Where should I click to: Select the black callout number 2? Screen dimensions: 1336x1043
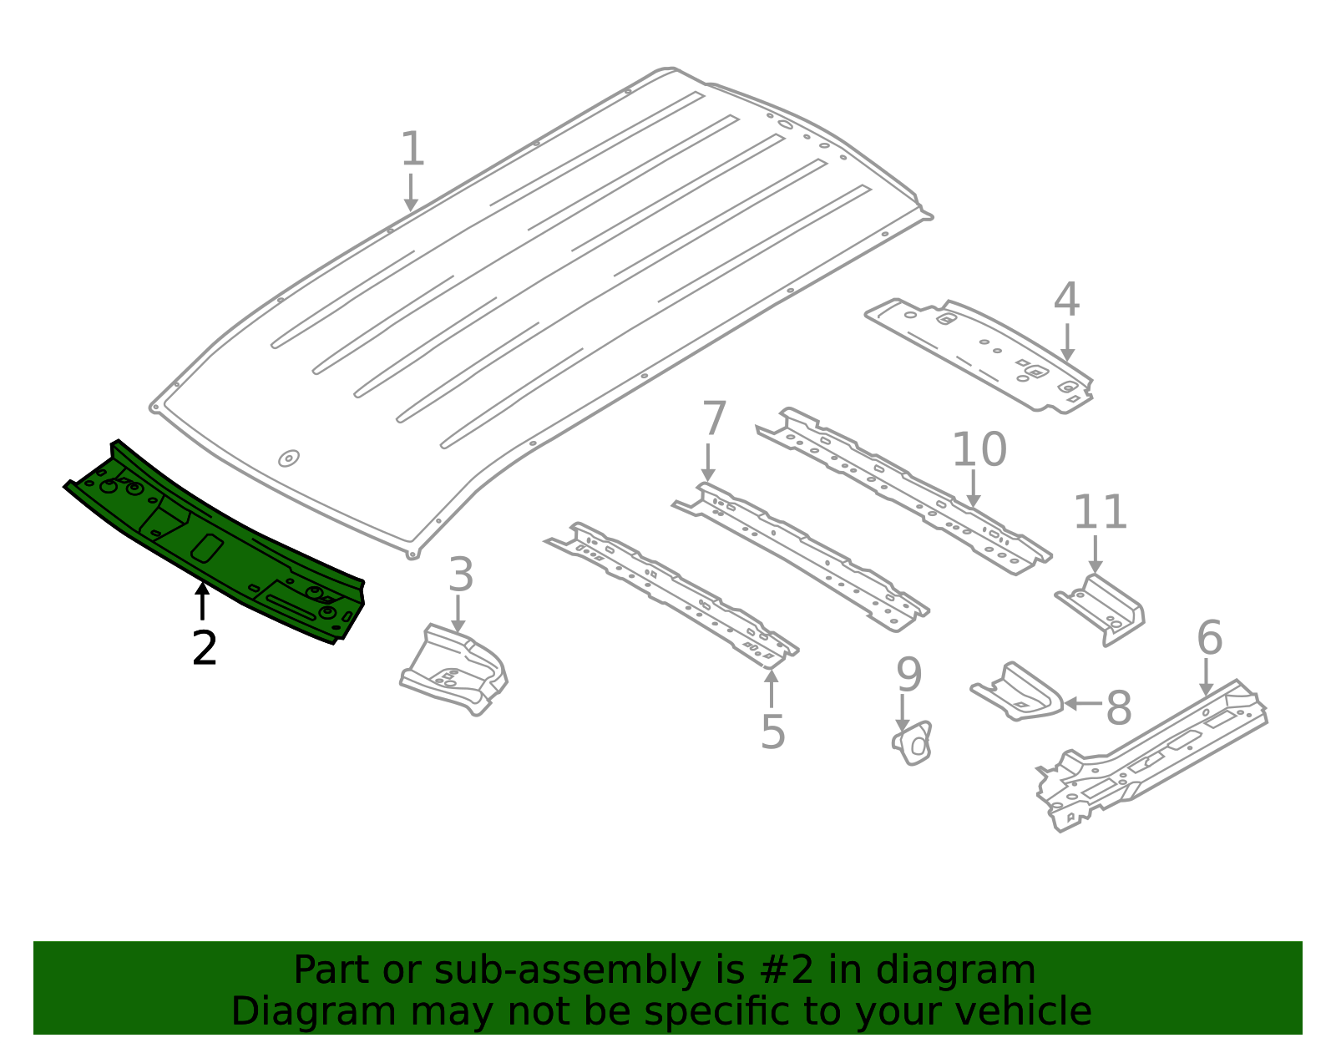(x=204, y=647)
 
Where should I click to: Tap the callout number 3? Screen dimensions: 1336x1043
(x=460, y=575)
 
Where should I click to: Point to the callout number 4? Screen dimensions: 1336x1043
(x=1066, y=299)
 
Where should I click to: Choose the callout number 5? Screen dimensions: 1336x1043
(x=773, y=732)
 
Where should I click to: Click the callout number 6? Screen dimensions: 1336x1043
(x=1209, y=637)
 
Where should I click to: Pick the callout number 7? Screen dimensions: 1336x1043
(x=715, y=418)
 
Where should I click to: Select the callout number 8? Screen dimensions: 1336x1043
(x=1118, y=708)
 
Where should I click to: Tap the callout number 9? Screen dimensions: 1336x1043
(x=909, y=674)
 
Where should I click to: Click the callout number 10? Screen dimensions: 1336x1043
(x=979, y=449)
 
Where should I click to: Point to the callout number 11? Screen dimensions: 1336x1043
(x=1100, y=511)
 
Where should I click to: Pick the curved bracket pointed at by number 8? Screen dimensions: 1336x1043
(x=1018, y=692)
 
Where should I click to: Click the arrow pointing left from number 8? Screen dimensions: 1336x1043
(x=1083, y=704)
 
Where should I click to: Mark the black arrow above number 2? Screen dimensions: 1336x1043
(x=202, y=601)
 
